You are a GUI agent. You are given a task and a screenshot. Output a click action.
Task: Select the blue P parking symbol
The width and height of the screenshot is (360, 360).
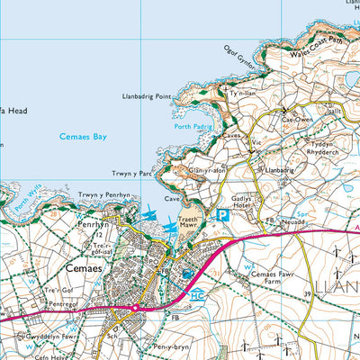tap(221, 215)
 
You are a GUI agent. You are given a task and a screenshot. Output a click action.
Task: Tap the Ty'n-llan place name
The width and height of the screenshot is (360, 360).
tap(243, 93)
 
